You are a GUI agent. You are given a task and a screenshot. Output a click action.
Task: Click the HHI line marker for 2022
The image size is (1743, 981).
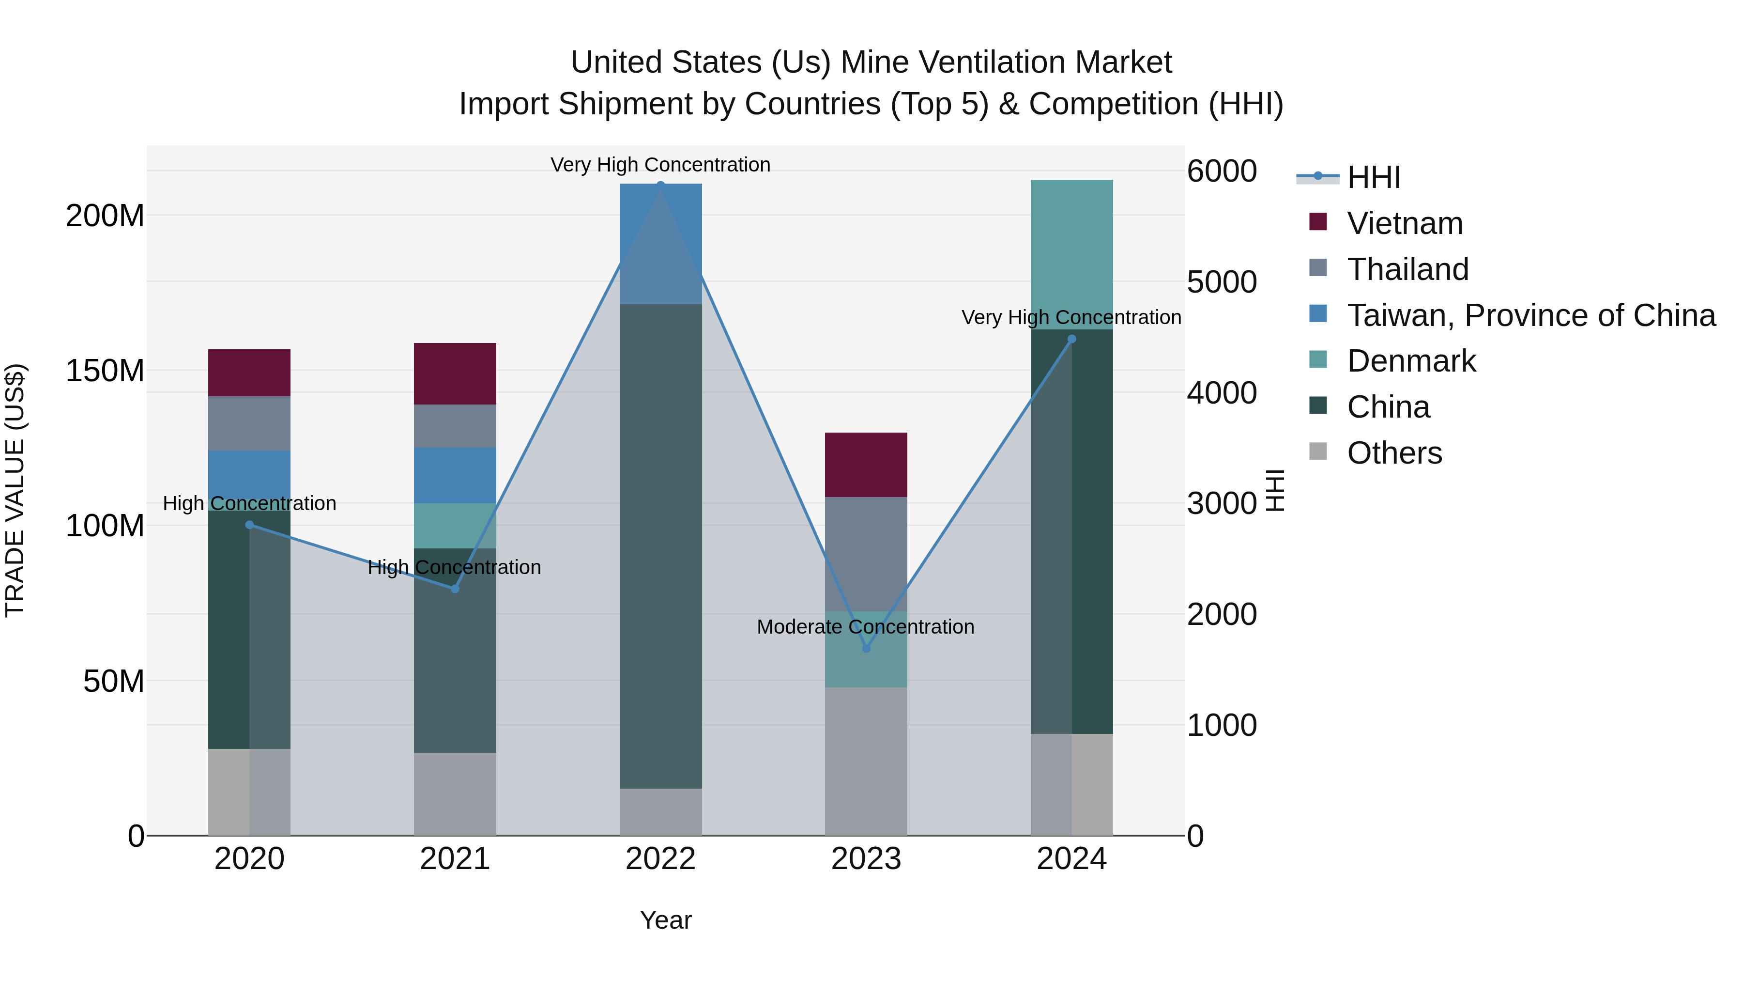point(660,184)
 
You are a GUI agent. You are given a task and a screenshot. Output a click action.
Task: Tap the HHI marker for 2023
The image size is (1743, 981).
point(866,649)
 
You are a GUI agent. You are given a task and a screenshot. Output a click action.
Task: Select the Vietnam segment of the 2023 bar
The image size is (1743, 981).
point(866,465)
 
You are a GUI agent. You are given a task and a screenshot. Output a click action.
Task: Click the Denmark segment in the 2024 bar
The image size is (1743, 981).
point(1072,254)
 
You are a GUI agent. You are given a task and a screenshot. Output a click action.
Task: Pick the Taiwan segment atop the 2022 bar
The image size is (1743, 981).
point(660,244)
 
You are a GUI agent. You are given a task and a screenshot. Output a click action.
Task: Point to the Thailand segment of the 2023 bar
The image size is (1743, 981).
point(866,554)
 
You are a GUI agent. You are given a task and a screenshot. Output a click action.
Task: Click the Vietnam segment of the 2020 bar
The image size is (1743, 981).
point(249,373)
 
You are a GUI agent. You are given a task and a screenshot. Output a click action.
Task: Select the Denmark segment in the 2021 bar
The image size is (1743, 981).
point(455,525)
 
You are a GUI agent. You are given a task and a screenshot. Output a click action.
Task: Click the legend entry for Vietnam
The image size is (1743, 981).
point(1404,223)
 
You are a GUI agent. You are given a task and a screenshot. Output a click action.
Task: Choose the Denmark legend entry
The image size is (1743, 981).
point(1411,361)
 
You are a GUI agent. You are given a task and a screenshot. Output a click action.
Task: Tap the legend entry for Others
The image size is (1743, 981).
point(1394,453)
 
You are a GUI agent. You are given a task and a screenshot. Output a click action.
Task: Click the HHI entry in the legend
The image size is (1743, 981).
point(1374,177)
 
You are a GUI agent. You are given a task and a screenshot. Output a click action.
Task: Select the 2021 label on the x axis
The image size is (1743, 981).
point(455,859)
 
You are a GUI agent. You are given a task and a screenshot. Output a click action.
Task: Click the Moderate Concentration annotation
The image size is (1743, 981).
point(865,627)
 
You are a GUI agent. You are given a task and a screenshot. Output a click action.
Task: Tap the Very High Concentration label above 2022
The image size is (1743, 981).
point(660,165)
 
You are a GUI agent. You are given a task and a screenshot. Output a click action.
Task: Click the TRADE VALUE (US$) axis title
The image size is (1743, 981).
point(15,490)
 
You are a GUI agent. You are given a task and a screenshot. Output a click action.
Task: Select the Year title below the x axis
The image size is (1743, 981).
point(666,920)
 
